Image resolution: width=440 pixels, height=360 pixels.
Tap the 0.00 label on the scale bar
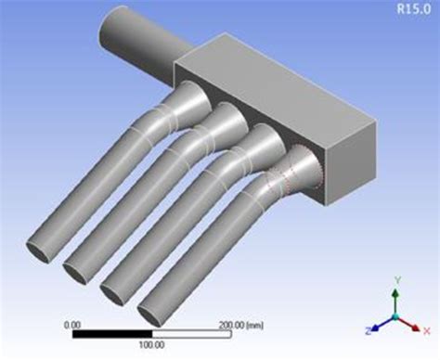[71, 325]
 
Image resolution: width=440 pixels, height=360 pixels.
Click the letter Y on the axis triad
[396, 279]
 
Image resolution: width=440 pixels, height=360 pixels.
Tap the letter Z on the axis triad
[368, 328]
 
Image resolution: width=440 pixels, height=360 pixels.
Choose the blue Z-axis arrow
[382, 323]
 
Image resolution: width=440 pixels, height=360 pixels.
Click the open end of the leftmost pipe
[38, 250]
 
